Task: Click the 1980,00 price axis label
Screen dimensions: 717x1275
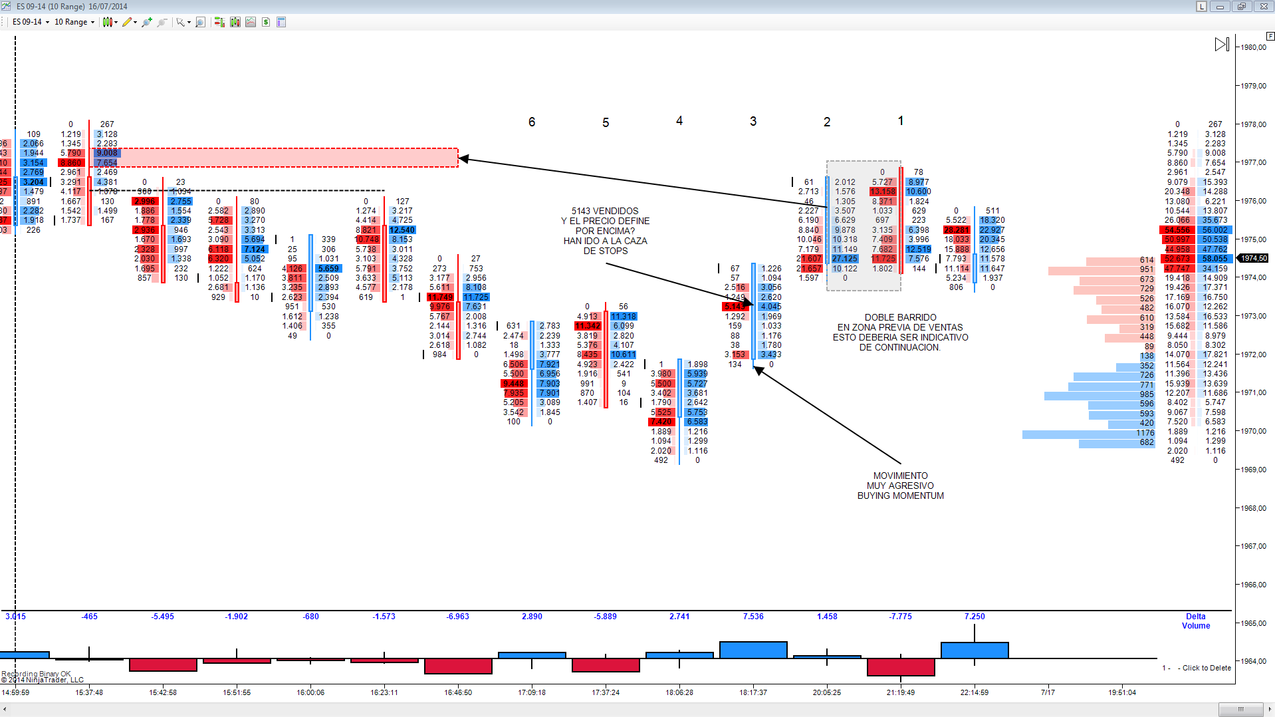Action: click(x=1253, y=47)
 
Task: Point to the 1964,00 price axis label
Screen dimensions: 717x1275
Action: click(x=1253, y=661)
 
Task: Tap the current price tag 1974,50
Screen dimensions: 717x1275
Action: click(x=1254, y=258)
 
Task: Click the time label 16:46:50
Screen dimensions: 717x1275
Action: click(x=458, y=692)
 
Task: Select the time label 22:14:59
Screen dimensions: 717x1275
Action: click(x=975, y=692)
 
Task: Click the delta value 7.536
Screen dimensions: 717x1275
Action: click(x=753, y=617)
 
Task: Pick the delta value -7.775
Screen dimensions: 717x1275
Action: click(x=901, y=617)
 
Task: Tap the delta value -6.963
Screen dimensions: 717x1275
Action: click(x=458, y=617)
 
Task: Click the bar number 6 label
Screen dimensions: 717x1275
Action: click(x=532, y=122)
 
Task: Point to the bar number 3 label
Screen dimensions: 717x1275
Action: click(x=753, y=121)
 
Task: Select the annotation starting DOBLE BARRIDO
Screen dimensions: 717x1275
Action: click(x=900, y=332)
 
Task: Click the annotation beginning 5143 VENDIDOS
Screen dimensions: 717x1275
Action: click(x=605, y=230)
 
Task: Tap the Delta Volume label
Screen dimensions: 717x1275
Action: click(x=1195, y=621)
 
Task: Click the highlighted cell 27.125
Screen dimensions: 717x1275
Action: click(x=845, y=259)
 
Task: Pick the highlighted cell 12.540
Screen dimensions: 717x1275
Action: click(x=402, y=230)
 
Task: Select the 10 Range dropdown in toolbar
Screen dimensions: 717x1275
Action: click(x=74, y=22)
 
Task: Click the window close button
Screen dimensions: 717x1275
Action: click(x=1263, y=6)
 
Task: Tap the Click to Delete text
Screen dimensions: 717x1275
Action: click(x=1206, y=668)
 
